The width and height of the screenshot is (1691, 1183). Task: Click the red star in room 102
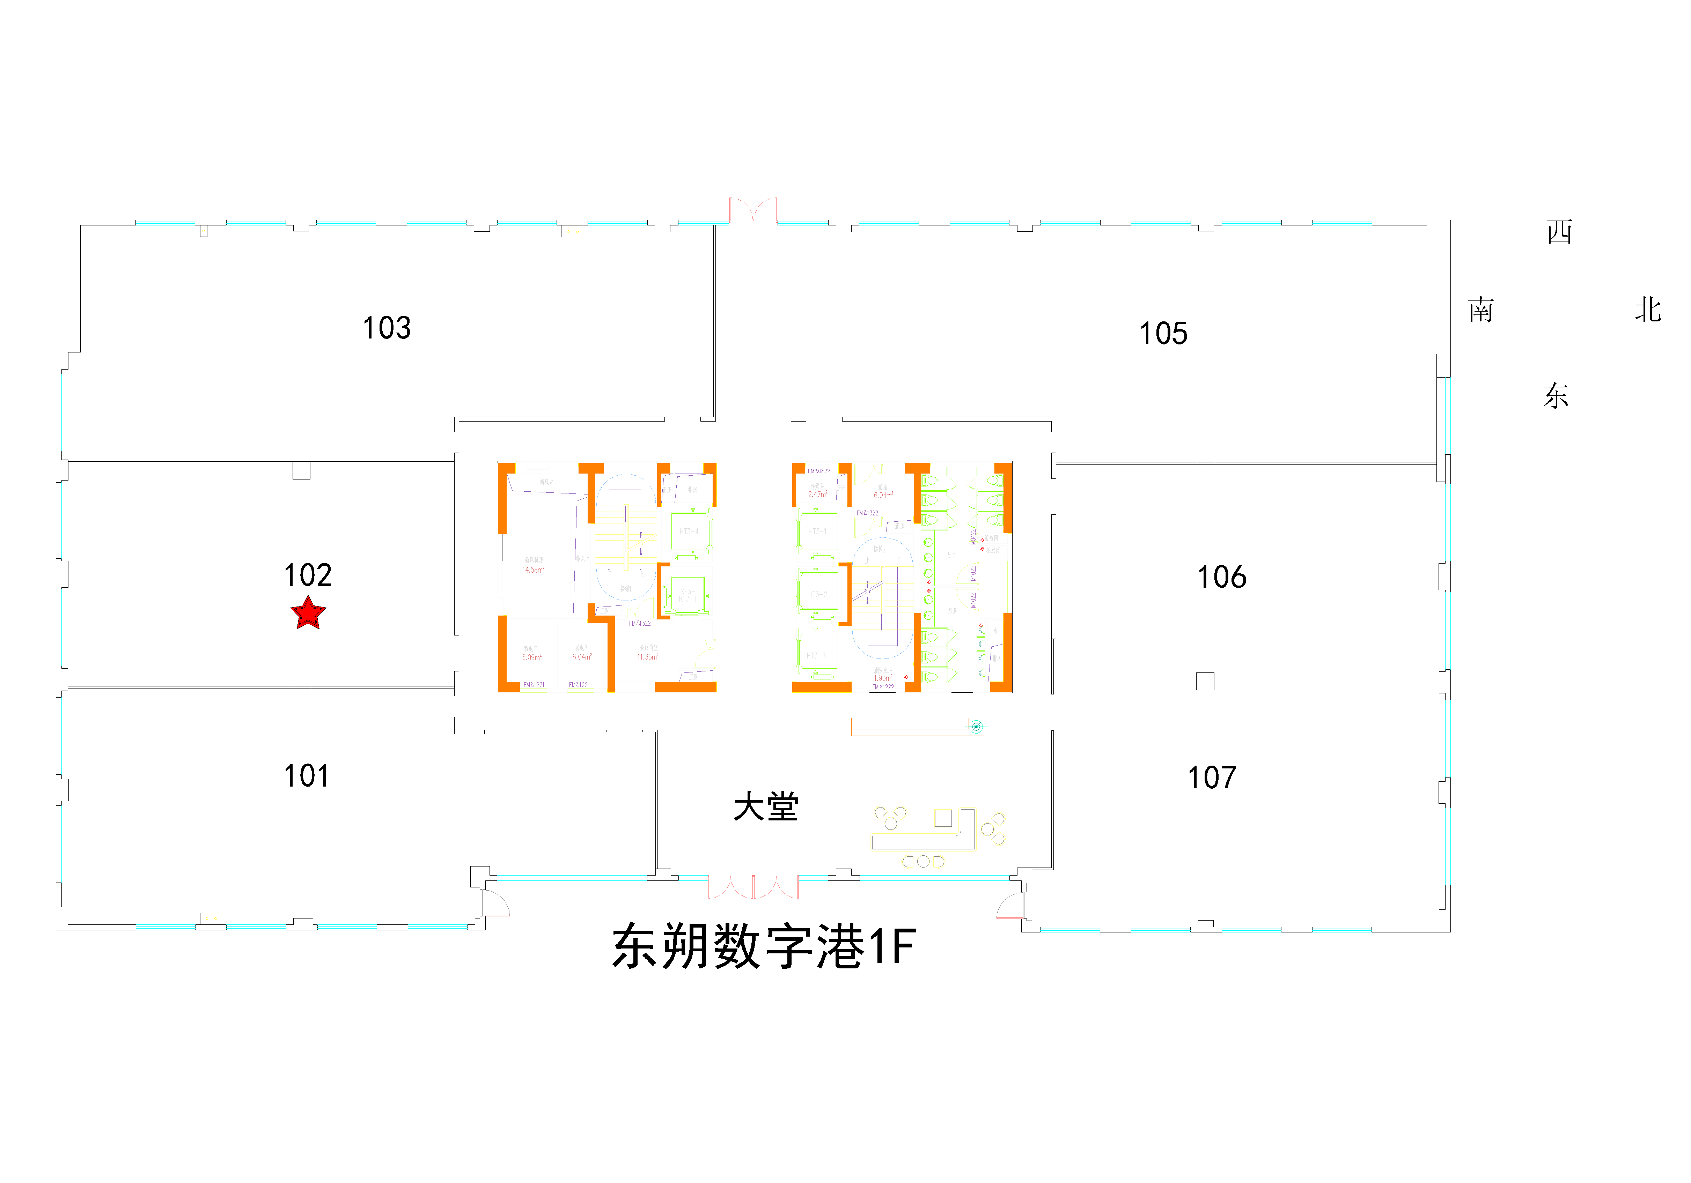click(308, 613)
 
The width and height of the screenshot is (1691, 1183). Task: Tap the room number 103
click(387, 328)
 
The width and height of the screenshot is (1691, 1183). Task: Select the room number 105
click(1164, 334)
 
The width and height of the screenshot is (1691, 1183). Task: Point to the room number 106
click(1222, 577)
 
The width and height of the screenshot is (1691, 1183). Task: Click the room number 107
click(1212, 777)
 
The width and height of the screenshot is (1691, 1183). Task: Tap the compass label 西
click(1559, 232)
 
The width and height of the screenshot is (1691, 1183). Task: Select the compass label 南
click(1480, 310)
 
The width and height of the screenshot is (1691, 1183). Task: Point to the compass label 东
click(1556, 395)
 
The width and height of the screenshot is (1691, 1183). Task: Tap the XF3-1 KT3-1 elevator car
click(688, 595)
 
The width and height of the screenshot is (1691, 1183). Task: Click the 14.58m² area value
click(533, 570)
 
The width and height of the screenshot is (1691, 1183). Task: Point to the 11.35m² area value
click(647, 657)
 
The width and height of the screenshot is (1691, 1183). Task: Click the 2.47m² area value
click(817, 495)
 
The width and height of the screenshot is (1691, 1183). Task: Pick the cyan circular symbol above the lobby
click(976, 727)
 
